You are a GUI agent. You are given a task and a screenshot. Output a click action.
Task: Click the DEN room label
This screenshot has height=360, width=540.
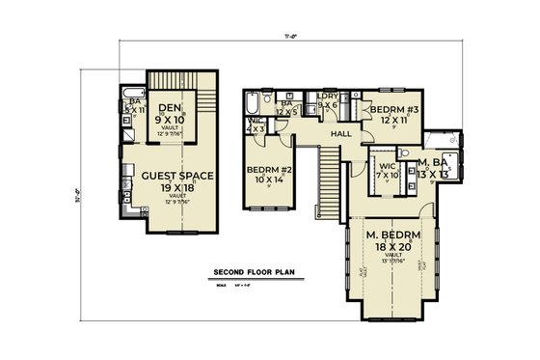[x=171, y=107]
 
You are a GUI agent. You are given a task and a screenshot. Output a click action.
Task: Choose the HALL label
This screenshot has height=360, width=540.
[x=340, y=134]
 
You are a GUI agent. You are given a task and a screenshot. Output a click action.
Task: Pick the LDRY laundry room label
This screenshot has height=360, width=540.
[x=326, y=97]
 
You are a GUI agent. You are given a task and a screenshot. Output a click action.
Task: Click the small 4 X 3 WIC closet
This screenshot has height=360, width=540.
[x=255, y=127]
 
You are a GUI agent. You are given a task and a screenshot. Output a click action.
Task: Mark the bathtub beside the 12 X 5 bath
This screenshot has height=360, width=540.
[x=252, y=103]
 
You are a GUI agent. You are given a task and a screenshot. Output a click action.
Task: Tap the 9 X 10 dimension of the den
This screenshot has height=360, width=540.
[x=171, y=119]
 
